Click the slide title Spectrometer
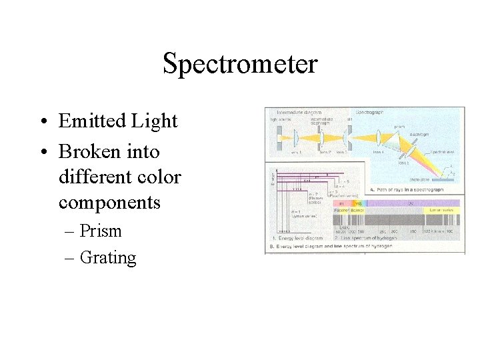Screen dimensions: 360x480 pos(240,65)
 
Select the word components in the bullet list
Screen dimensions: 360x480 pos(109,202)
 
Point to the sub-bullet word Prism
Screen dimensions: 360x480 pos(100,231)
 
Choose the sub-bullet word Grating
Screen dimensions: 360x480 pos(107,257)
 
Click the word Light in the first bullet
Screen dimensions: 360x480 pos(155,121)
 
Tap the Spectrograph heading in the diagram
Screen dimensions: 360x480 pos(369,113)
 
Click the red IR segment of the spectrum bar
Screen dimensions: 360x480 pos(341,203)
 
